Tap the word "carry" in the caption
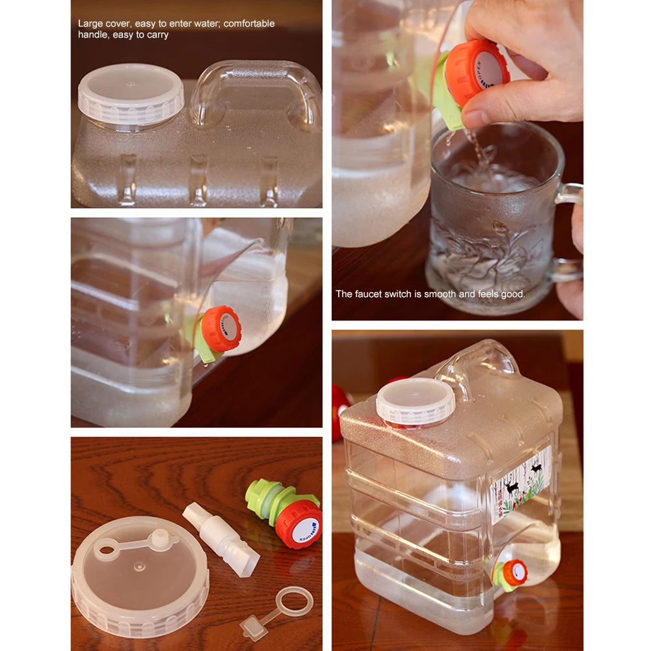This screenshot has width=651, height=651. click(156, 35)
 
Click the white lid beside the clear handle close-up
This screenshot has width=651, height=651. click(131, 94)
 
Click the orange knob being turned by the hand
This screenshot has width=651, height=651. click(477, 72)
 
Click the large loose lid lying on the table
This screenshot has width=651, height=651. click(140, 579)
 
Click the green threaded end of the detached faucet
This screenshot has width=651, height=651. click(260, 497)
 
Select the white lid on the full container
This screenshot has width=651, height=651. click(416, 401)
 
